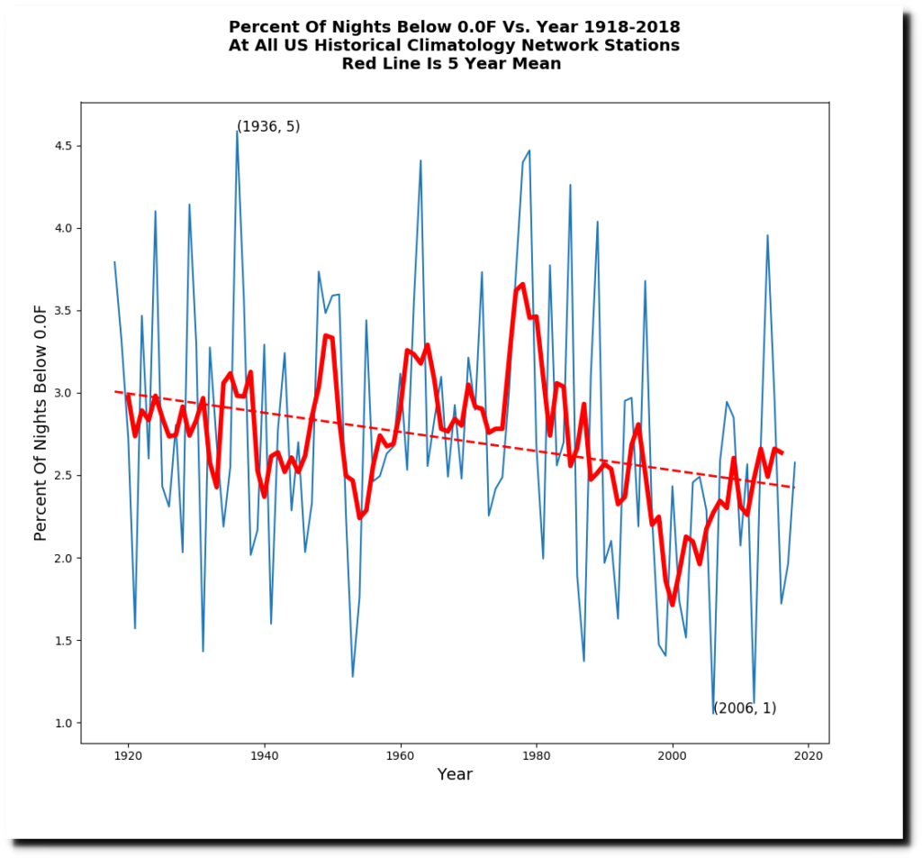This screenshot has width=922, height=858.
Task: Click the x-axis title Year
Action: pyautogui.click(x=455, y=774)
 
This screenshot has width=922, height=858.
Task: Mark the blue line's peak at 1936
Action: pyautogui.click(x=237, y=132)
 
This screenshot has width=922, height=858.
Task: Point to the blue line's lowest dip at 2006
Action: pyautogui.click(x=713, y=713)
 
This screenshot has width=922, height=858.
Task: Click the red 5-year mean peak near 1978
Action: pyautogui.click(x=522, y=285)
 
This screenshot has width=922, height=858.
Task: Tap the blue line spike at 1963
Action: pyautogui.click(x=420, y=161)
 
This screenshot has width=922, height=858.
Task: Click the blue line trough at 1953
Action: pyautogui.click(x=353, y=676)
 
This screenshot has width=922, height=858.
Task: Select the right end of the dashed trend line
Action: pyautogui.click(x=794, y=488)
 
